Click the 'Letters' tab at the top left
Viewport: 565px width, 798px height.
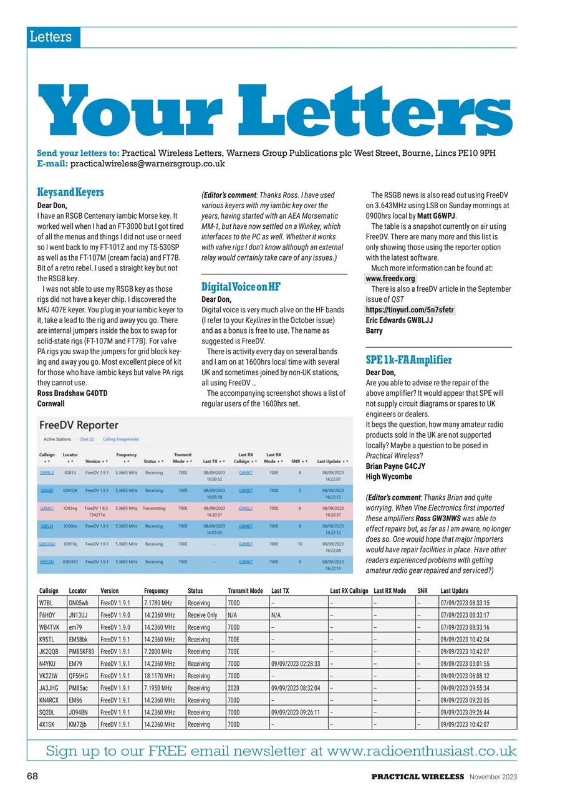(x=50, y=37)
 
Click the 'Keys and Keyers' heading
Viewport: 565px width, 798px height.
(x=70, y=192)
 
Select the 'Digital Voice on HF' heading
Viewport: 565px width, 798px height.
(x=241, y=287)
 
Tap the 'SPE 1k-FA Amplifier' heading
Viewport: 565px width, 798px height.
(x=408, y=360)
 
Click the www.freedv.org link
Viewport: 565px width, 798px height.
(x=390, y=278)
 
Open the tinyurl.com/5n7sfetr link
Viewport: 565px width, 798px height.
(x=410, y=309)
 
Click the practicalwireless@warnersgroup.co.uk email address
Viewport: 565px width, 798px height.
(x=147, y=164)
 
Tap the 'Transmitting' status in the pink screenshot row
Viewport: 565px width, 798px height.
(x=153, y=508)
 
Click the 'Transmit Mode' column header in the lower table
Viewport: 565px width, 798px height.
(x=244, y=590)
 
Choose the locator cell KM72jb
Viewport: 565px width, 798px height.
(x=82, y=724)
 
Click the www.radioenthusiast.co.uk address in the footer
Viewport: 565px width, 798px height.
(x=422, y=751)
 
